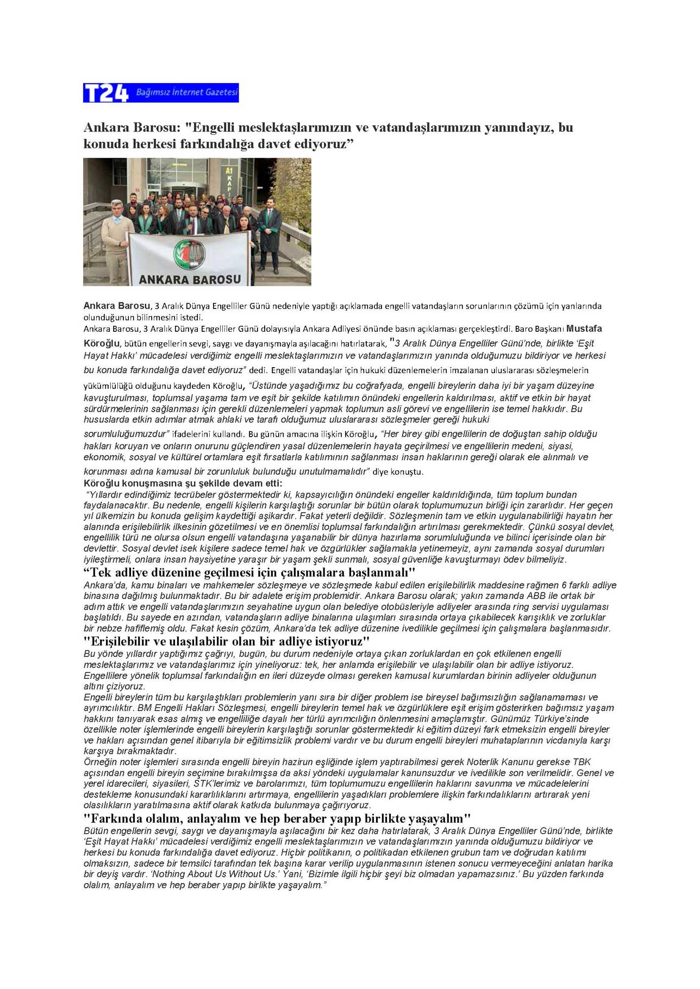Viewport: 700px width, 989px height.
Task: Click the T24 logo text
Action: point(105,93)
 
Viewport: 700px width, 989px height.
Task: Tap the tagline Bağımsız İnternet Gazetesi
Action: point(186,92)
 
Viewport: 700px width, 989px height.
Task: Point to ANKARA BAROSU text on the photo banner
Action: point(190,279)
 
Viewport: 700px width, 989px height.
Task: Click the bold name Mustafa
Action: point(584,329)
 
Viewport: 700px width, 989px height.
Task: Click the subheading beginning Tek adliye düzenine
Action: point(249,572)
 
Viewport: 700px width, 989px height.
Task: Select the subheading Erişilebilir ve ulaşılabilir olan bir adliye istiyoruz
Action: point(227,641)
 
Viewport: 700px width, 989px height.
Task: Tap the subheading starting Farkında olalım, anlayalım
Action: point(277,818)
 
